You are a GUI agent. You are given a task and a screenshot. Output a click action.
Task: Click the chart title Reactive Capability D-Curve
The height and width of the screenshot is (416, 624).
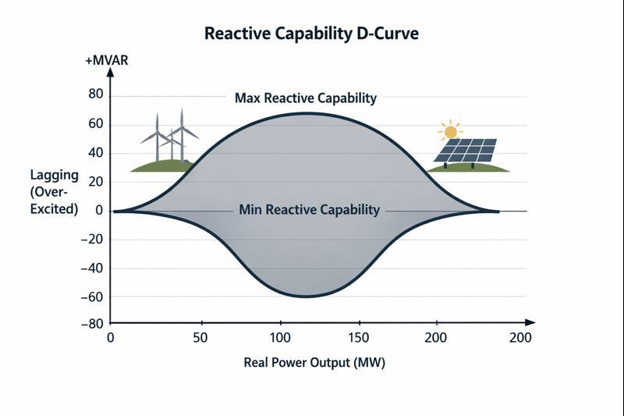[x=311, y=34]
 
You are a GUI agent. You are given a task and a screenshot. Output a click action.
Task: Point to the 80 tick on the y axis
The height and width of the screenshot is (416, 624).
[x=96, y=95]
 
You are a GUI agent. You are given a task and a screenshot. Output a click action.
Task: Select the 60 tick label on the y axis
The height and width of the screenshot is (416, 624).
[x=96, y=124]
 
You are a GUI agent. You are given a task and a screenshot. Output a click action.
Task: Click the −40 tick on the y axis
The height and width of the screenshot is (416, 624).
[x=93, y=268]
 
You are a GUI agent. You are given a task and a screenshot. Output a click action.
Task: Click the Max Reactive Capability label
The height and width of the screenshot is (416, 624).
[x=305, y=98]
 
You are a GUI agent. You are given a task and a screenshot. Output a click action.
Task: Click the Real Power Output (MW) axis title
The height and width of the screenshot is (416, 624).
[x=314, y=363]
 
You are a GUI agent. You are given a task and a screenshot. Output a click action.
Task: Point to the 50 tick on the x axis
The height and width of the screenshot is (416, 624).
[x=202, y=338]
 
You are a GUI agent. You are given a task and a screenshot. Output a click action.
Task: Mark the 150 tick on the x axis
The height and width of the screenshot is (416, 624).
[x=359, y=338]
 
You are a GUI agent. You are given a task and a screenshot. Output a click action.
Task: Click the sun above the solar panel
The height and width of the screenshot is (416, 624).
[x=450, y=131]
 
